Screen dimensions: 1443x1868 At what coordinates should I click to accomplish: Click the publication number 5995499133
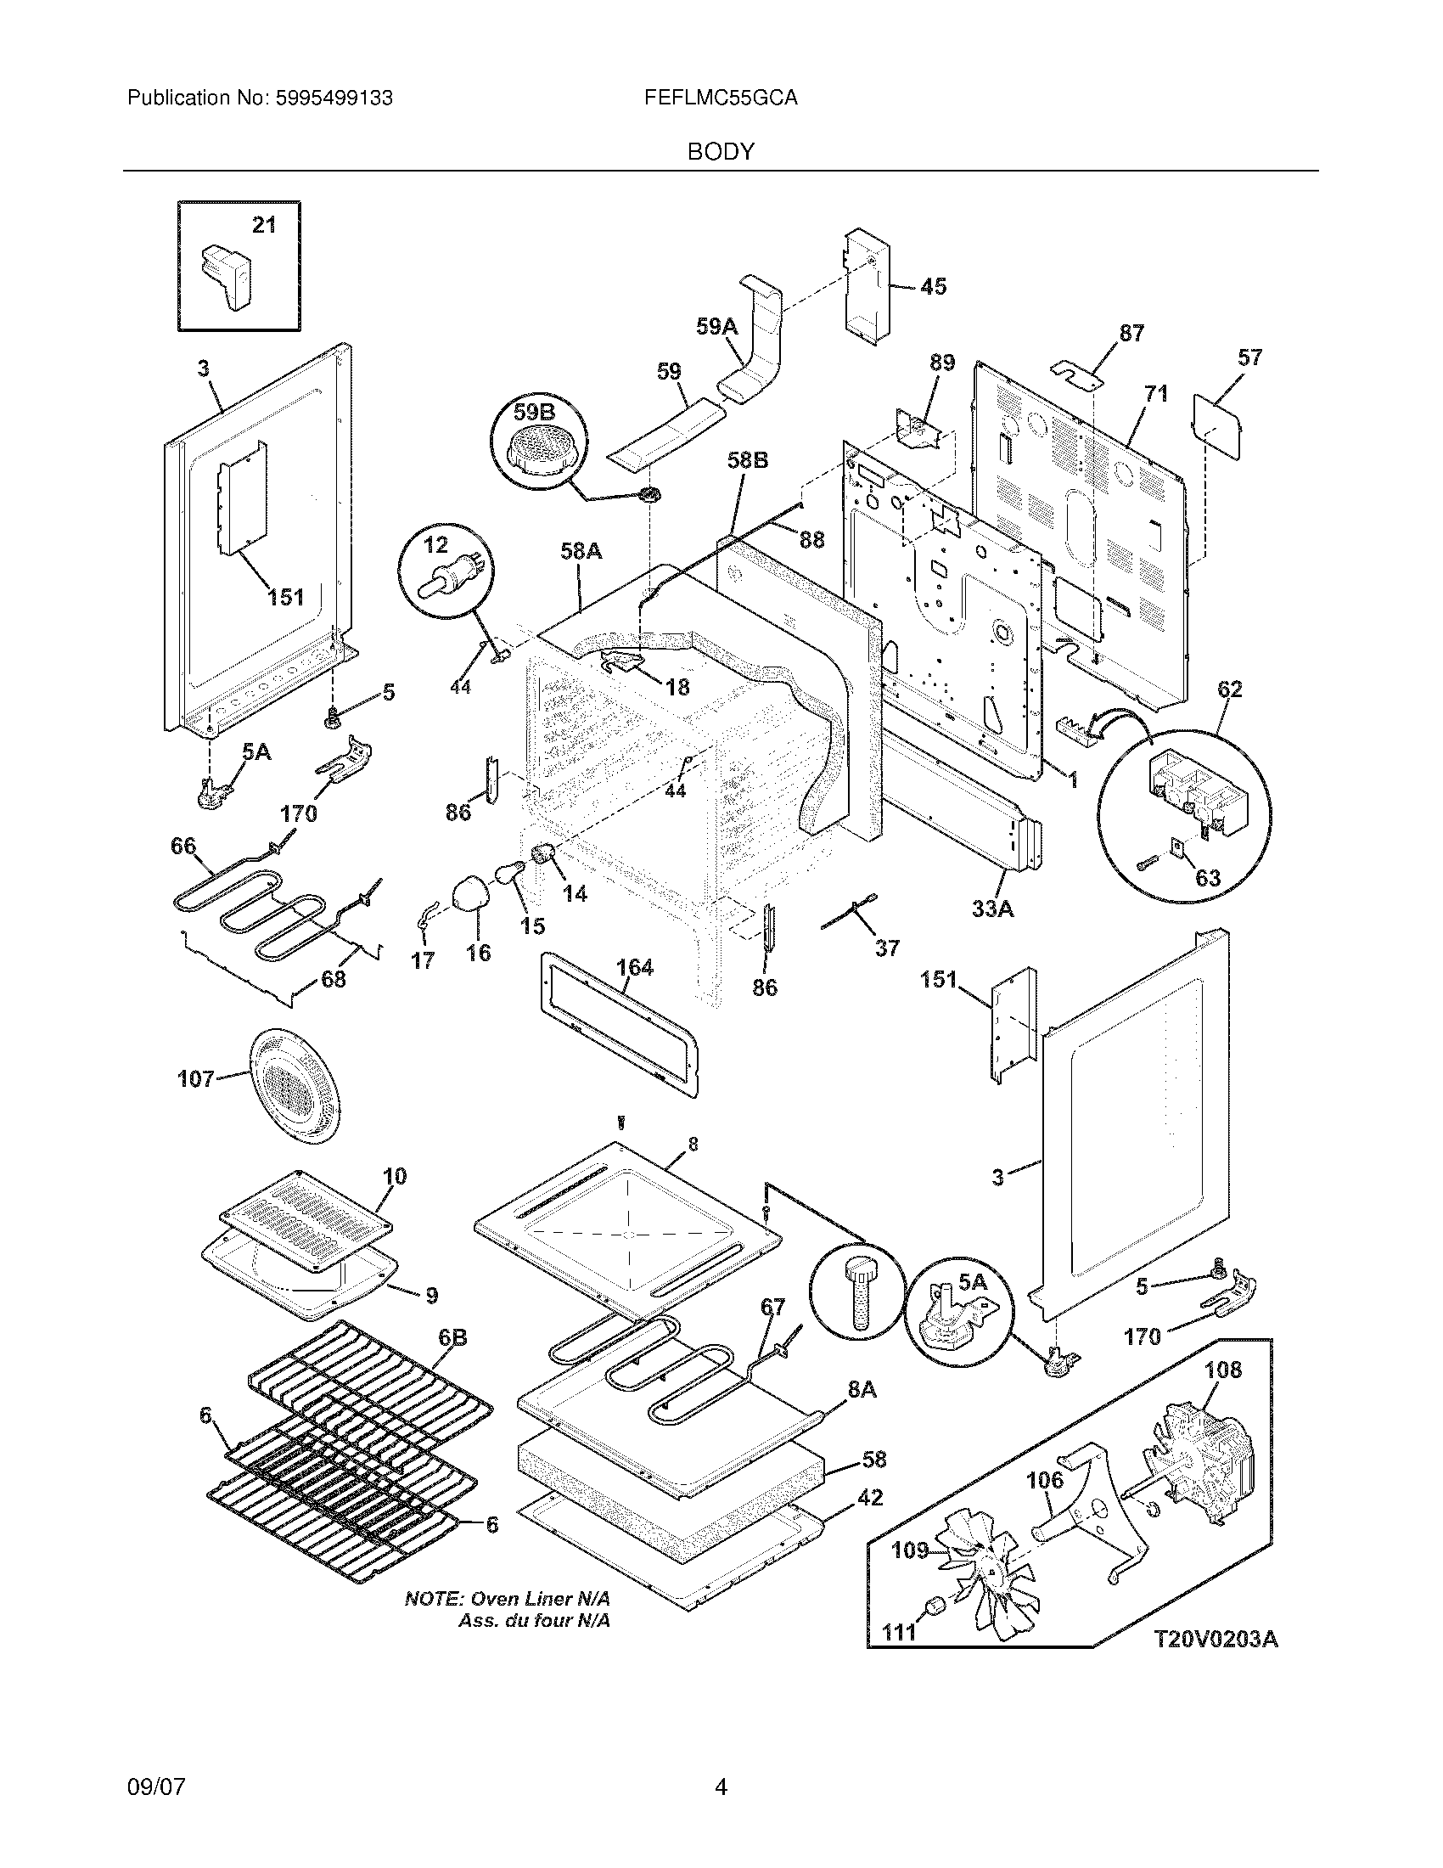pos(334,98)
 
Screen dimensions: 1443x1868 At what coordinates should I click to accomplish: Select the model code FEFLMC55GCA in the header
pos(721,98)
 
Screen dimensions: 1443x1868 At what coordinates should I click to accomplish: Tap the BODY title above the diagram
pos(721,152)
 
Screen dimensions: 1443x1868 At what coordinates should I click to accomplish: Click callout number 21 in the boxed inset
pos(264,225)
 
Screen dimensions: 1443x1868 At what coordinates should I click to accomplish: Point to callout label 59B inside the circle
pos(534,413)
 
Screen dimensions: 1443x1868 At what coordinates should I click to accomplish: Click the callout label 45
pos(934,286)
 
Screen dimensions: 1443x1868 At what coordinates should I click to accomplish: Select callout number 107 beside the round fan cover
pos(196,1079)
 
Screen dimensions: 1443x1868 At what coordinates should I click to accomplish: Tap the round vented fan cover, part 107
pos(293,1086)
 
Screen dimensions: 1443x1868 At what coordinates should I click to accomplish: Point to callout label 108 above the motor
pos(1223,1370)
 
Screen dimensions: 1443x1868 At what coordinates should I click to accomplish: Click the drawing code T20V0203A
pos(1216,1640)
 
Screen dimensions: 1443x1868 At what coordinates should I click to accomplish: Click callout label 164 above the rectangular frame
pos(635,967)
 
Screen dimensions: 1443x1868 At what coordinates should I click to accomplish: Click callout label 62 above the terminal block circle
pos(1229,689)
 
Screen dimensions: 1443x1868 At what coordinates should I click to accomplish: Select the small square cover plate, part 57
pos(1217,427)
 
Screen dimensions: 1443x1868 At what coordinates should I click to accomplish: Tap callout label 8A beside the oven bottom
pos(862,1390)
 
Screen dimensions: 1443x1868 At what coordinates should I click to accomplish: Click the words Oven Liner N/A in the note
pos(542,1599)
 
